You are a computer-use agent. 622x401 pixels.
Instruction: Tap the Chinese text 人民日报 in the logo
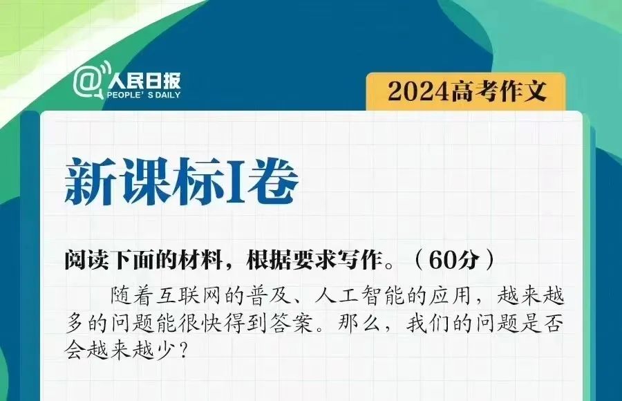(x=144, y=81)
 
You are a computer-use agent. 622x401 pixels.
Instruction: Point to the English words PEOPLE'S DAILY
(x=143, y=95)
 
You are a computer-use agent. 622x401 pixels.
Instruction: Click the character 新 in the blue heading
(x=92, y=182)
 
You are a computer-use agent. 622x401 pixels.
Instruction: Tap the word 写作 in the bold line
(x=360, y=261)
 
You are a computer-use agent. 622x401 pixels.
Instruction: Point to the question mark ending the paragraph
(x=183, y=351)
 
